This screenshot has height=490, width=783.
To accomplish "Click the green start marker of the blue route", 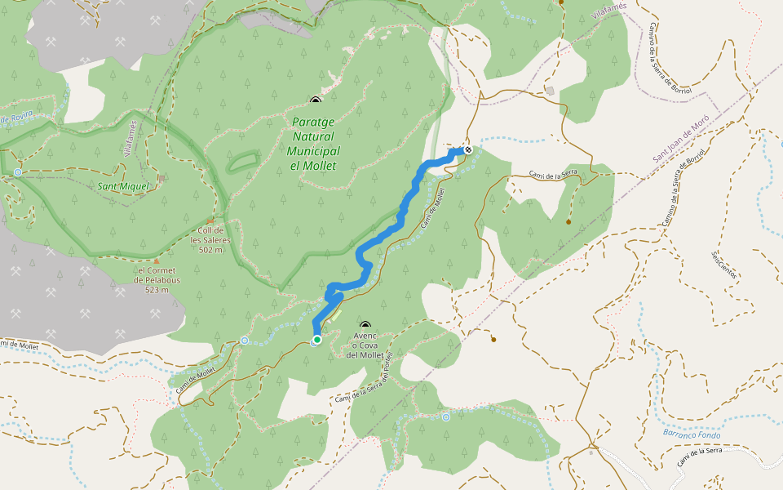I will click(316, 339).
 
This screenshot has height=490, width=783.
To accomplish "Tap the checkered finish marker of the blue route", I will click(468, 149).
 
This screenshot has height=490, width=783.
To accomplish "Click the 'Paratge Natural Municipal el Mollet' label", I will click(314, 144).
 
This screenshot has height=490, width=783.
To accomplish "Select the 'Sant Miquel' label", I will click(123, 186).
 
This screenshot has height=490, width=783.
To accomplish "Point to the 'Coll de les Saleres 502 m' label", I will click(210, 240).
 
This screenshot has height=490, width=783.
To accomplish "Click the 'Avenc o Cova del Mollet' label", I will click(365, 345).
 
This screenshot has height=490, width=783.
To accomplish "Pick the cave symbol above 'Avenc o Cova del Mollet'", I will click(365, 325).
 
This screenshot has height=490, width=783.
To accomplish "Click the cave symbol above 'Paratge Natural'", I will click(316, 100).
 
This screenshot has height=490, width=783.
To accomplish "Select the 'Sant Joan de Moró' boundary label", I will click(681, 137).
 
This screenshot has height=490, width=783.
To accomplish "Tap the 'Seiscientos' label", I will click(723, 265).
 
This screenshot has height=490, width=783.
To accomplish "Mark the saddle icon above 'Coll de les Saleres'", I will click(210, 220).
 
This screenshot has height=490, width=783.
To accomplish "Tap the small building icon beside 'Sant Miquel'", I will click(161, 178).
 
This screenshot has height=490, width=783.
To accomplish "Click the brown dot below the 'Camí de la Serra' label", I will click(568, 221).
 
